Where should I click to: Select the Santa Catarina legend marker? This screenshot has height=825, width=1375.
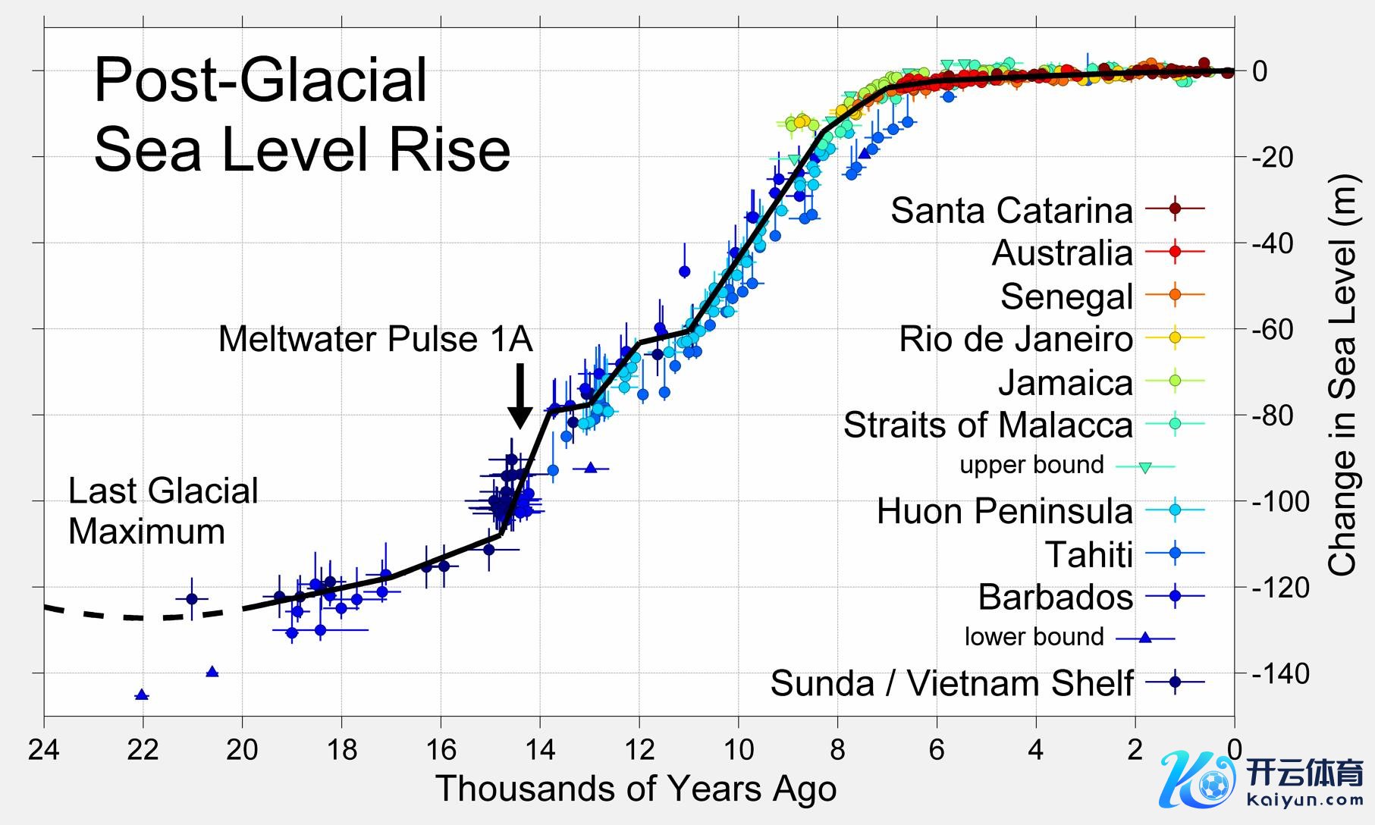click(1175, 208)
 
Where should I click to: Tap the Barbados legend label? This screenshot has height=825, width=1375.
click(1055, 598)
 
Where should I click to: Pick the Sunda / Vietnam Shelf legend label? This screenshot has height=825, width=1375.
click(952, 683)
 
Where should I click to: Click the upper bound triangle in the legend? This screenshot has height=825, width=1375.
click(1145, 468)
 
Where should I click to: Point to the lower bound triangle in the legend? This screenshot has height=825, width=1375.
click(1145, 638)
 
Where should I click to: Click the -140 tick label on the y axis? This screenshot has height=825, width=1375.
click(1280, 673)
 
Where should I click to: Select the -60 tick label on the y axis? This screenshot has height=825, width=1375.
click(1280, 329)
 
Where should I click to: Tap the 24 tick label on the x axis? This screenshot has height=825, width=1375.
click(43, 750)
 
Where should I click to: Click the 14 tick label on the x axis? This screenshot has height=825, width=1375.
click(540, 750)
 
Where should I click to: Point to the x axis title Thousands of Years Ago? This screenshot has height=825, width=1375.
click(636, 789)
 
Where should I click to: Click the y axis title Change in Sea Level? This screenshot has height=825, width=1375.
click(1342, 375)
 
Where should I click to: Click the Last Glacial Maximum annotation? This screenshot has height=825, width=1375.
click(163, 511)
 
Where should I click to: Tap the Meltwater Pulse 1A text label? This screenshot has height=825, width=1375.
click(375, 339)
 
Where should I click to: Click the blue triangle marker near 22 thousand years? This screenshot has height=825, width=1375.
click(142, 695)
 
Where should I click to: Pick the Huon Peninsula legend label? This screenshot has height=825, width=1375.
click(1004, 511)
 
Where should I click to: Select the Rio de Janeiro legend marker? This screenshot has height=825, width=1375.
click(1175, 337)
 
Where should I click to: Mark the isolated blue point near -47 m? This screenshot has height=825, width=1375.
click(685, 271)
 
